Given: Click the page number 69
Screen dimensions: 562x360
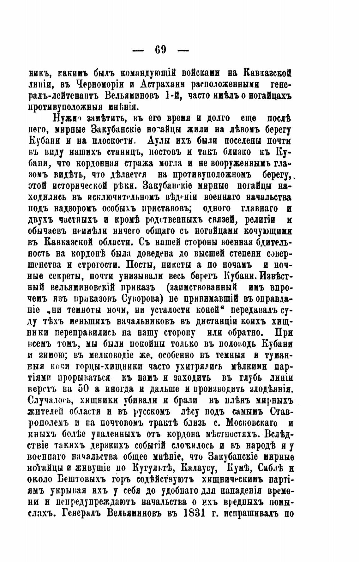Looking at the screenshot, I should coord(161,50).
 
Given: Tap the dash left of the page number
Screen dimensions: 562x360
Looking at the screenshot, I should coord(138,50).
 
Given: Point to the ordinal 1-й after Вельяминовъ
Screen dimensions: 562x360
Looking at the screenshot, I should coord(173,95).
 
